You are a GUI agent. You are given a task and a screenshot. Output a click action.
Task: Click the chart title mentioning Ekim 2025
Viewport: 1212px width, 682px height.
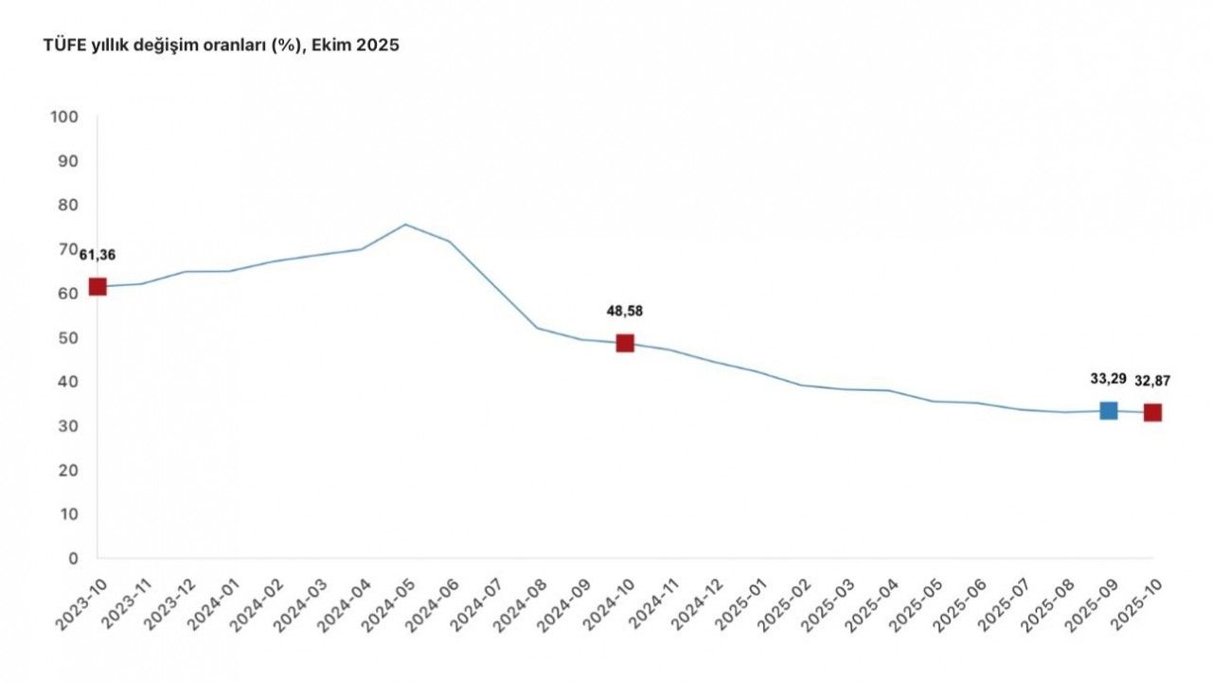click(x=221, y=45)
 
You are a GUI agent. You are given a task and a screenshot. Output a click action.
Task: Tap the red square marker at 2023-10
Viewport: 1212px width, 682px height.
click(x=98, y=287)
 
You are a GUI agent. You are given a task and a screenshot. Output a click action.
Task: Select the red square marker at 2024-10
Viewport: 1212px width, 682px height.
click(x=625, y=343)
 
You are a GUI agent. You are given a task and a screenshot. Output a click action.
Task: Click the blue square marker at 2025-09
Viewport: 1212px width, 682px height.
click(x=1108, y=410)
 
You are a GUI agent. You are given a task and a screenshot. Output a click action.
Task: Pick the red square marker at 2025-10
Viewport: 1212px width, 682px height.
click(x=1152, y=412)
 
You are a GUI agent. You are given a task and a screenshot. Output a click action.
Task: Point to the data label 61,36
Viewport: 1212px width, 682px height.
click(x=97, y=255)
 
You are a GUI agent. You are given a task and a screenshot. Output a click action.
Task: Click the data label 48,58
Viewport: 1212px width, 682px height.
click(x=625, y=310)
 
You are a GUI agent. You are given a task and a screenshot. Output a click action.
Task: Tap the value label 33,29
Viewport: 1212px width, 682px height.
click(x=1108, y=379)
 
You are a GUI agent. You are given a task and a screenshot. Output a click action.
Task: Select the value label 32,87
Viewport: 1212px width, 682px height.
click(x=1152, y=381)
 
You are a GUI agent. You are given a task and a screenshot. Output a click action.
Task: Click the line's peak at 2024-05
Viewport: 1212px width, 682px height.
click(x=405, y=224)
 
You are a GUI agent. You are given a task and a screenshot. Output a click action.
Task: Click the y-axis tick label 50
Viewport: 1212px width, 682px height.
click(x=68, y=338)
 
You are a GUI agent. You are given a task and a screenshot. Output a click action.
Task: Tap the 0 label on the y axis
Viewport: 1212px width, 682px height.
click(x=73, y=559)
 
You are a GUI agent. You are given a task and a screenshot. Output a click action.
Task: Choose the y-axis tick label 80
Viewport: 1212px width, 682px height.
click(x=68, y=206)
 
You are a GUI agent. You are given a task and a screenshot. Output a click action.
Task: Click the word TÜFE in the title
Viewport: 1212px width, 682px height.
click(x=62, y=45)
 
